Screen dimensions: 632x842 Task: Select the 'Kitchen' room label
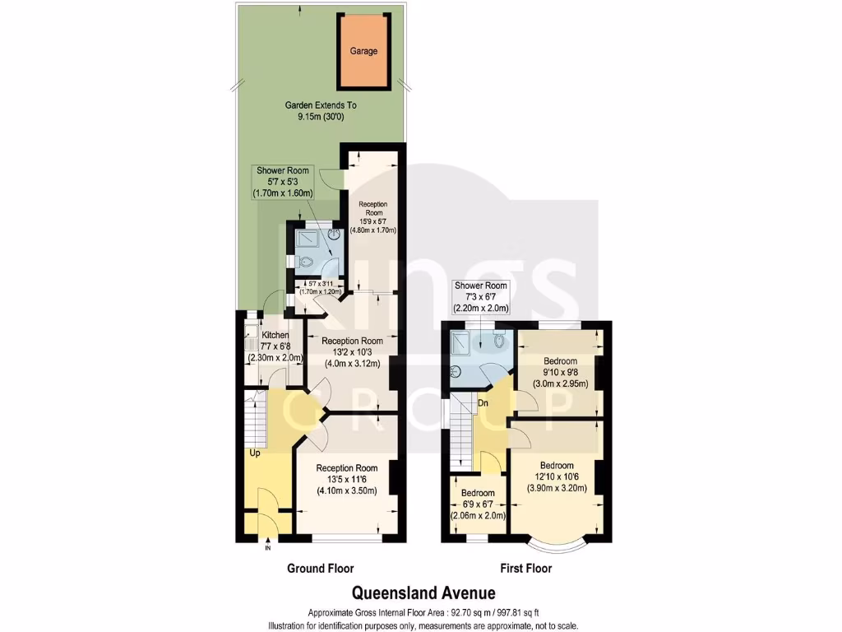point(275,336)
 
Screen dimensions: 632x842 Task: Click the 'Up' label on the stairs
point(257,453)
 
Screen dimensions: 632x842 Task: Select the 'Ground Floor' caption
point(320,569)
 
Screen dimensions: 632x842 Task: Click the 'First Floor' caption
point(526,569)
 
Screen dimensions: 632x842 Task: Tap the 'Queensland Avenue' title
point(424,592)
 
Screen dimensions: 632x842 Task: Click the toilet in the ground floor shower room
point(305,263)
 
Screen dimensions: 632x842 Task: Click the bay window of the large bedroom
point(557,545)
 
